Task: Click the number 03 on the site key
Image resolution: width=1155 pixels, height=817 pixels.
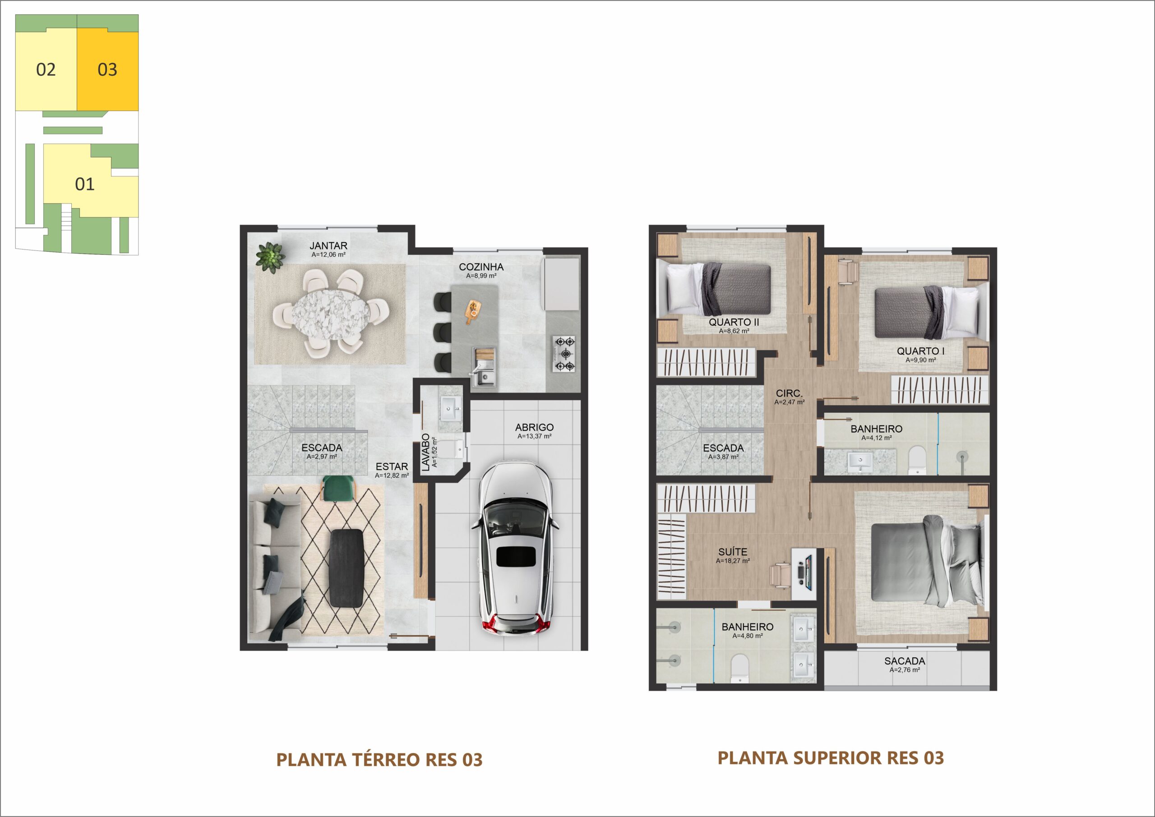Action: [107, 69]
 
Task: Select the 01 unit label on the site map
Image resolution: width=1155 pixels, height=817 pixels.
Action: [84, 184]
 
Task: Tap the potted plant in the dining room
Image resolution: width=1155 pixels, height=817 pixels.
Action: [271, 257]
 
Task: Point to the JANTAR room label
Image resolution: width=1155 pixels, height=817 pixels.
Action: [328, 245]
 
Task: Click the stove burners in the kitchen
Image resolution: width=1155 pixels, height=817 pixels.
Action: [564, 354]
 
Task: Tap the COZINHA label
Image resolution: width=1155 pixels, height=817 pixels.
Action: [481, 267]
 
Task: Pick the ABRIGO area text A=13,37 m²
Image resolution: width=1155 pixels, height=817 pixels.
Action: [534, 436]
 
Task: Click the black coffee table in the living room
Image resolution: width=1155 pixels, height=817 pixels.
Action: [346, 568]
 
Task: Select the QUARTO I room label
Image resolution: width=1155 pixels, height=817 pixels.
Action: [920, 351]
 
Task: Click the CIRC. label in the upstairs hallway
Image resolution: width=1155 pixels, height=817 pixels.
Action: [789, 393]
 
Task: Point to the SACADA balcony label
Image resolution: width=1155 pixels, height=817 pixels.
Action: [905, 661]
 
